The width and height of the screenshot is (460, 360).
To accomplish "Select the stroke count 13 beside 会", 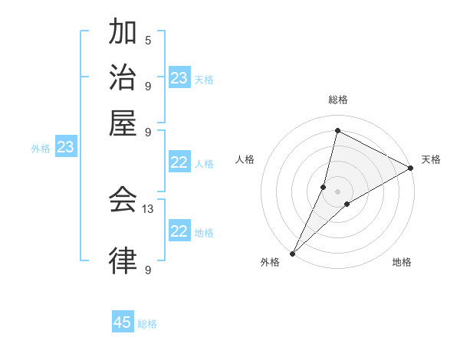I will (149, 208).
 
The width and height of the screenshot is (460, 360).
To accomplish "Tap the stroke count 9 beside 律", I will (148, 270).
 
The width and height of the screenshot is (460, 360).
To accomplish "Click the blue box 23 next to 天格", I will (179, 78).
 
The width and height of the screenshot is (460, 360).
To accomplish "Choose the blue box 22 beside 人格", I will (179, 162).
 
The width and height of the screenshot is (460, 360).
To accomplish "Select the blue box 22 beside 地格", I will (179, 231).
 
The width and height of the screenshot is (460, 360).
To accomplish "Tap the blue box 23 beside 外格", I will (66, 147).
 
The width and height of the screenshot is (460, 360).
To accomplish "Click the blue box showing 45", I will (123, 322).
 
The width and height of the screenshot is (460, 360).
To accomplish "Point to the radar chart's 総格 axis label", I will (337, 100).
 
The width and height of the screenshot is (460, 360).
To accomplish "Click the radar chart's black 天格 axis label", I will (431, 159).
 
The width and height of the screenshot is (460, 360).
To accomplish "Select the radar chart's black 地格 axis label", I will (402, 262).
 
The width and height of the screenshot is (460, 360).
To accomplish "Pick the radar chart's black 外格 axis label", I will (270, 262).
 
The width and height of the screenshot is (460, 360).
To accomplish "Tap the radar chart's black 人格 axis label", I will (245, 159).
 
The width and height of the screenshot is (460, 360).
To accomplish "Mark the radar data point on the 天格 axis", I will (411, 169).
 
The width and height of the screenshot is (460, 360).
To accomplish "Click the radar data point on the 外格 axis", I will (292, 254).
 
